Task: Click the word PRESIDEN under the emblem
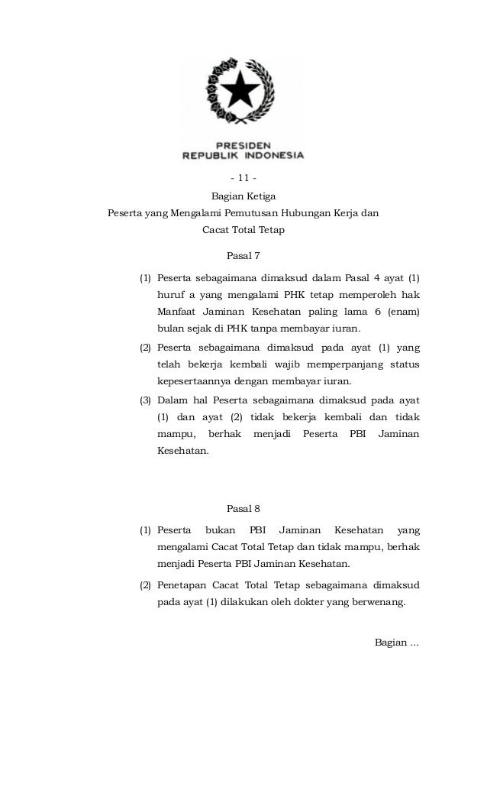pos(243,144)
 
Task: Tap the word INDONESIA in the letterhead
pos(273,155)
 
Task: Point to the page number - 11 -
pos(243,179)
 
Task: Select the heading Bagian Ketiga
pos(243,196)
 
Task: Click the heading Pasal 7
pos(243,254)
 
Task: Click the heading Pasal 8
pos(243,508)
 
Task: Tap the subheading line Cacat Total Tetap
pos(243,229)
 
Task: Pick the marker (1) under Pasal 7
pos(145,276)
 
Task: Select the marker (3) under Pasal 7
pos(145,400)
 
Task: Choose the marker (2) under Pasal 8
pos(145,584)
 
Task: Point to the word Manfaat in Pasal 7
pos(177,311)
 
